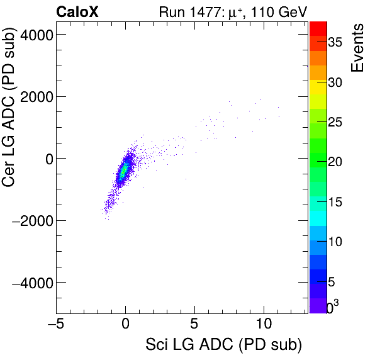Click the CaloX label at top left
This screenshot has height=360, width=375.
click(x=77, y=11)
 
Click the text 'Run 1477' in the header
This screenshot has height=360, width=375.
click(x=183, y=11)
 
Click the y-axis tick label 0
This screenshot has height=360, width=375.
click(x=46, y=159)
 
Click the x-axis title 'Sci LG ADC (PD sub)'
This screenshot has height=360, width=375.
click(x=223, y=346)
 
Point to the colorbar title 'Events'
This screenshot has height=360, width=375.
click(x=358, y=48)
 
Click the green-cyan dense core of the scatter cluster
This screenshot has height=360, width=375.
click(x=124, y=170)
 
